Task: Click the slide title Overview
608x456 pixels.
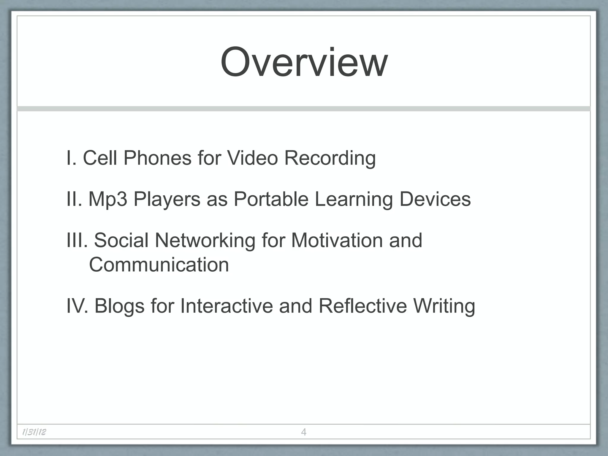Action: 304,63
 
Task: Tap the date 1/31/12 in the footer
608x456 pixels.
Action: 34,432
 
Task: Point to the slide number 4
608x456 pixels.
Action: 303,432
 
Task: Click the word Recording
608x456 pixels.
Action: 330,159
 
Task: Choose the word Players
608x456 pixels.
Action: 167,199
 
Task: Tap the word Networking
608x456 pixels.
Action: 205,240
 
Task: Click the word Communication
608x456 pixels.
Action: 159,265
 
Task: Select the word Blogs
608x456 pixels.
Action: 119,306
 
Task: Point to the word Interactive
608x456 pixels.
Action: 226,306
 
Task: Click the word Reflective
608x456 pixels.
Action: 362,306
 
